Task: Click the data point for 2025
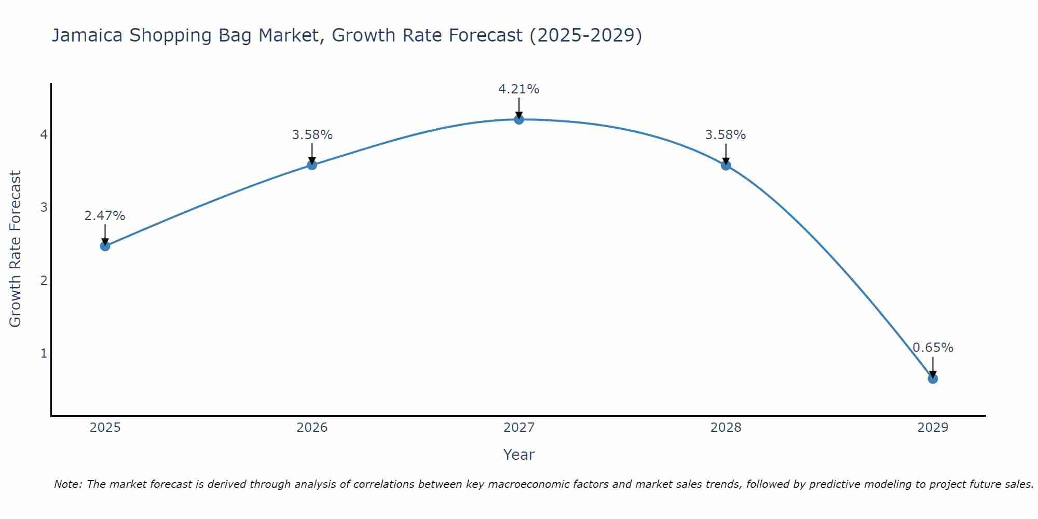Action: click(x=105, y=246)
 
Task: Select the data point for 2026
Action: click(x=312, y=165)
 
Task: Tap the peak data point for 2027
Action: click(x=518, y=119)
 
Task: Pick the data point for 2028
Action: click(x=726, y=166)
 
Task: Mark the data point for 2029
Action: click(x=933, y=379)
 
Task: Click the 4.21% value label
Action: click(x=518, y=89)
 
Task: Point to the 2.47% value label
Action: click(x=105, y=216)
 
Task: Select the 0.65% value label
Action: click(x=933, y=348)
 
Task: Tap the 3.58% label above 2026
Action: click(x=312, y=135)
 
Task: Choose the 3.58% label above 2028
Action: click(x=725, y=135)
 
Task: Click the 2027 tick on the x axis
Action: click(x=518, y=428)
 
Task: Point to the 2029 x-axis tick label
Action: click(x=933, y=428)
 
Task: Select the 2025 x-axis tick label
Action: click(x=105, y=428)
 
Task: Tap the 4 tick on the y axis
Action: click(x=44, y=135)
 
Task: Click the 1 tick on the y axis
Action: click(x=44, y=353)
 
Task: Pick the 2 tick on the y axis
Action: click(x=44, y=281)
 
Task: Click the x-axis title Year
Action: click(x=518, y=455)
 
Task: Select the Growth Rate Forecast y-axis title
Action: click(x=16, y=249)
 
